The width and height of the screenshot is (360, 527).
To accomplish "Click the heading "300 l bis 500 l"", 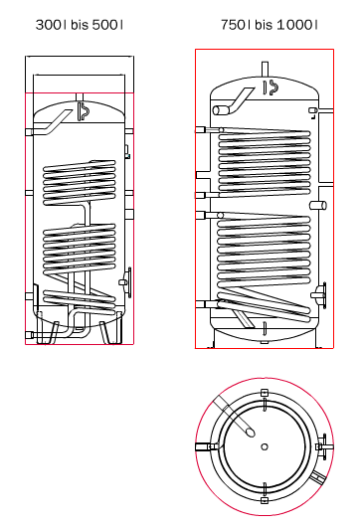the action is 80,25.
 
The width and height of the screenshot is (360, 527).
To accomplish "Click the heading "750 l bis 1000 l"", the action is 269,25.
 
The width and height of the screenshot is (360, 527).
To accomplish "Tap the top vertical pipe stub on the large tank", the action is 265,70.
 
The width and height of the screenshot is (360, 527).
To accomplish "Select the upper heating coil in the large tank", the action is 265,162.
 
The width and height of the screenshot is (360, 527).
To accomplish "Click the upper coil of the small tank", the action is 80,183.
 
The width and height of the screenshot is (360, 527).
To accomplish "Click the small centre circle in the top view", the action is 265,446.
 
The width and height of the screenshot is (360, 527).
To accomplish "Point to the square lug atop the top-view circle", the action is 265,392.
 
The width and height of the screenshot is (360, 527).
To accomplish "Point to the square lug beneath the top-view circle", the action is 265,500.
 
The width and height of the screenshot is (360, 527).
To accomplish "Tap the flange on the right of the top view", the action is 323,446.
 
